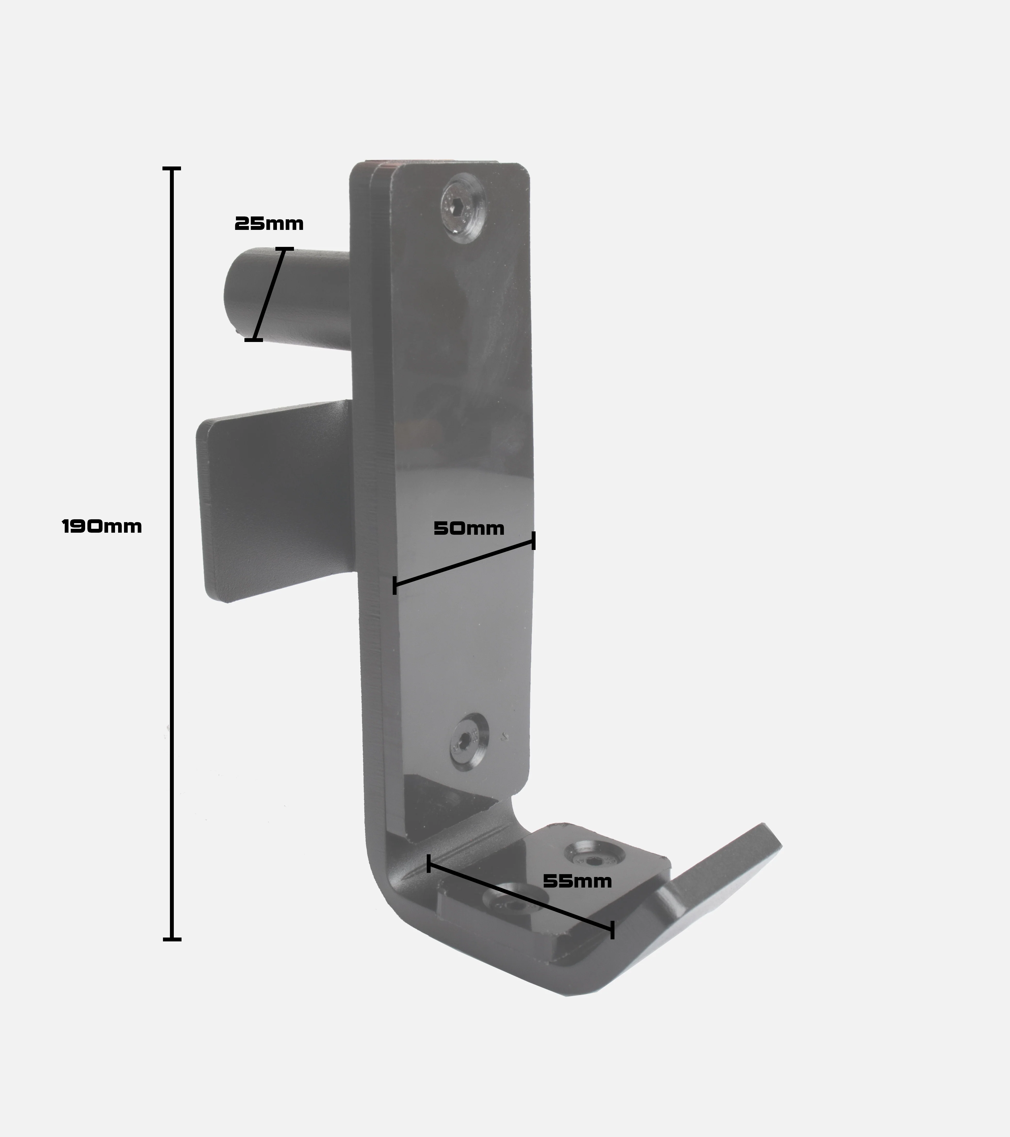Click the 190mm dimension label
(102, 526)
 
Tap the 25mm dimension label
(269, 224)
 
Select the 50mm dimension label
(469, 529)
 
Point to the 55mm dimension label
(577, 881)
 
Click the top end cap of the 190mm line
(172, 168)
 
